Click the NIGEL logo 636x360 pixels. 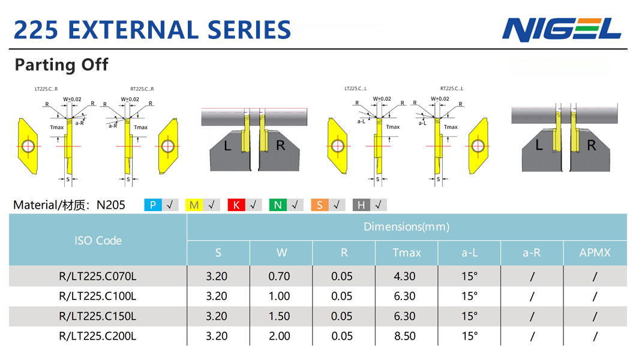tap(562, 29)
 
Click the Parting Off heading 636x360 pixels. tap(61, 65)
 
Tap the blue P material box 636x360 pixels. tap(153, 205)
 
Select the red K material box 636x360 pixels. tap(236, 205)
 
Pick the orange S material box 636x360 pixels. tap(320, 205)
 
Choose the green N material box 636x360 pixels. tap(278, 205)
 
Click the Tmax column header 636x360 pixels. tap(406, 253)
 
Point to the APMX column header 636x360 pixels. tap(595, 253)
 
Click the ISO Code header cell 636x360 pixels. tap(98, 241)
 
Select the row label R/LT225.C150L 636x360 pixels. tap(98, 316)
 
